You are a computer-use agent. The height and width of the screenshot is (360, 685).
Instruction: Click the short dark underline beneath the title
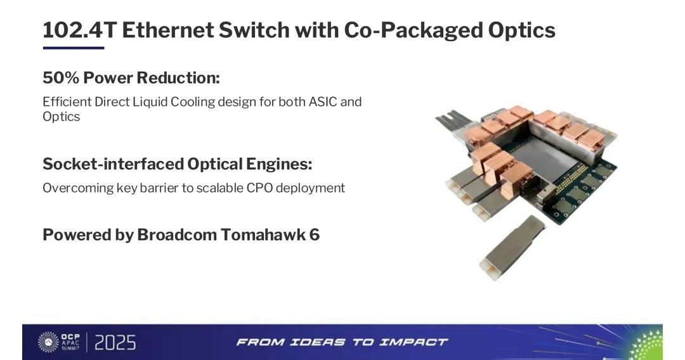click(74, 48)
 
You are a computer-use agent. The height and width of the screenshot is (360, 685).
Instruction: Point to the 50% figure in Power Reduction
click(61, 78)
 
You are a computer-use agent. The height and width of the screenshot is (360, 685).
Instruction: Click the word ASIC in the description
click(323, 101)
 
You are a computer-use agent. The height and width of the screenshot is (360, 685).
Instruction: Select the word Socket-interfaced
click(113, 164)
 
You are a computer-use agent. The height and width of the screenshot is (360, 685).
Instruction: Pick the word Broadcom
click(176, 235)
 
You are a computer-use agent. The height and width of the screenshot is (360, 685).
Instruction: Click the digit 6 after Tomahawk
click(315, 235)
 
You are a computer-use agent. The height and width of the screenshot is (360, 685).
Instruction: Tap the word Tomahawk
click(263, 235)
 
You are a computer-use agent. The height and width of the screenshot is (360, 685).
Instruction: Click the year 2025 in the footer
click(115, 343)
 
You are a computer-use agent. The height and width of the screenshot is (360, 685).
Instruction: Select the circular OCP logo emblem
click(48, 342)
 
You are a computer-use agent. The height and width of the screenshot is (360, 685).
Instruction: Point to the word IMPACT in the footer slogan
click(413, 342)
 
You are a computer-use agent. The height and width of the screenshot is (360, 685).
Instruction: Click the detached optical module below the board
click(512, 247)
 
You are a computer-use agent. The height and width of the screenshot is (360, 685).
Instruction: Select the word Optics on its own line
click(61, 117)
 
